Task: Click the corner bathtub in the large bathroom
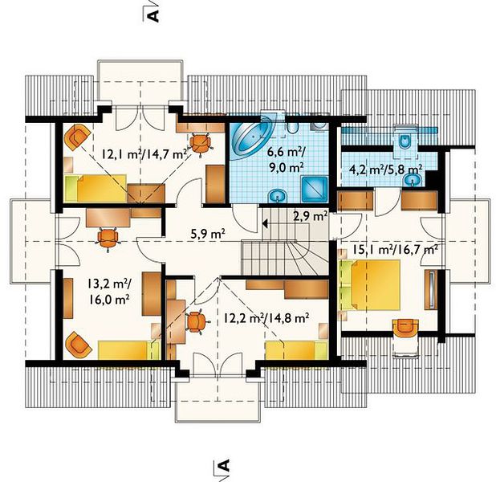pos(251,137)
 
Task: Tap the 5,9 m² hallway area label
pos(208,234)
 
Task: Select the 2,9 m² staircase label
pos(311,217)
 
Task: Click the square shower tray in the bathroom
pos(315,189)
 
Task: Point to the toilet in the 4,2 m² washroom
pos(405,141)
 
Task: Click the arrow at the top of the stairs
pos(266,224)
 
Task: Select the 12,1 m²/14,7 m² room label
pos(144,154)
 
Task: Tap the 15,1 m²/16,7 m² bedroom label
pos(395,250)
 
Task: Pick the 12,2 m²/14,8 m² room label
pos(266,317)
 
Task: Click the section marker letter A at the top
pos(154,16)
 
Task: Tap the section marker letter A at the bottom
pos(224,465)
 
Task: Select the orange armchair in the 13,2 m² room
pos(78,345)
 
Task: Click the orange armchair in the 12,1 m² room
pos(77,137)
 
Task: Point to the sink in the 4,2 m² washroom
pos(412,180)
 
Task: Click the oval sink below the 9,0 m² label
pos(278,196)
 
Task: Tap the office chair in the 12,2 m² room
pos(197,322)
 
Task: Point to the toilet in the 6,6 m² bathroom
pos(293,127)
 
